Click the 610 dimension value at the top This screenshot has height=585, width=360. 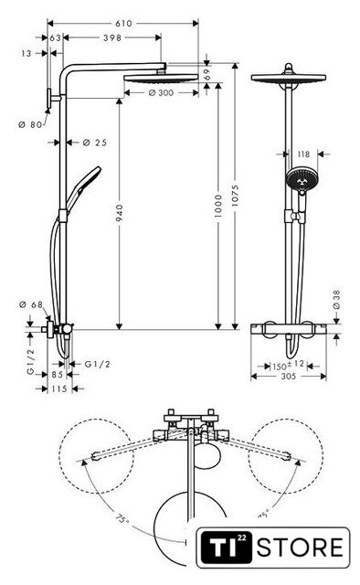pyautogui.click(x=123, y=24)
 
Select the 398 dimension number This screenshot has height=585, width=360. pyautogui.click(x=112, y=37)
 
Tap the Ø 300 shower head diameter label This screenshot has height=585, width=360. pyautogui.click(x=161, y=92)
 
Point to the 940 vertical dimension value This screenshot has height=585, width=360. pyautogui.click(x=120, y=213)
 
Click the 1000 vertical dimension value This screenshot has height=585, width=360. pyautogui.click(x=218, y=206)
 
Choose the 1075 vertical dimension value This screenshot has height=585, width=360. pyautogui.click(x=235, y=196)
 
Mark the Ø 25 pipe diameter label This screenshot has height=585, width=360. pyautogui.click(x=95, y=143)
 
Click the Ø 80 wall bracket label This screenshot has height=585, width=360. pyautogui.click(x=30, y=124)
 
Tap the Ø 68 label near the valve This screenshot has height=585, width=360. pyautogui.click(x=30, y=304)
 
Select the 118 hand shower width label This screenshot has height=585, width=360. pyautogui.click(x=303, y=154)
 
